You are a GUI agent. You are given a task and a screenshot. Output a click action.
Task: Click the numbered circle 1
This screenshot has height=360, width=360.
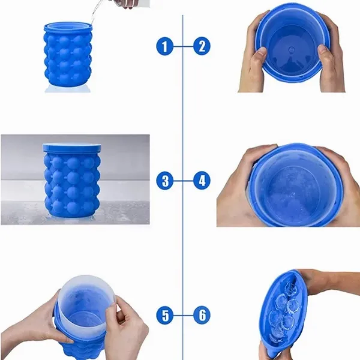165,46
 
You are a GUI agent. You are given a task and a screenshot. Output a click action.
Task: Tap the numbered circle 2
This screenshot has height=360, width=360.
202,46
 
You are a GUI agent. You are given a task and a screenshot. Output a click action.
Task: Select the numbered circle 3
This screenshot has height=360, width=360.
165,181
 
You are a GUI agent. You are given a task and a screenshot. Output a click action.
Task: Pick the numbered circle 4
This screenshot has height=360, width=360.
202,181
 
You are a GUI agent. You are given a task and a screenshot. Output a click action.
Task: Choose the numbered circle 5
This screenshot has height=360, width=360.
165,315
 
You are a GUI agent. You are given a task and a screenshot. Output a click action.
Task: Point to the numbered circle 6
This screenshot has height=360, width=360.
202,315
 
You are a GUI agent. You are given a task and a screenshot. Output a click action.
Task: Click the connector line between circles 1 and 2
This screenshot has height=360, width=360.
184,47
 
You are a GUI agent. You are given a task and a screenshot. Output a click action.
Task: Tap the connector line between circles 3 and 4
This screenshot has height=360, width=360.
184,181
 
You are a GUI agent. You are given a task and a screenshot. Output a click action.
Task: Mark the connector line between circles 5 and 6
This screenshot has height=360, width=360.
184,315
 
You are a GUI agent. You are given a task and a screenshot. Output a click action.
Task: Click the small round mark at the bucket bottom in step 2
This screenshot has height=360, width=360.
292,49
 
